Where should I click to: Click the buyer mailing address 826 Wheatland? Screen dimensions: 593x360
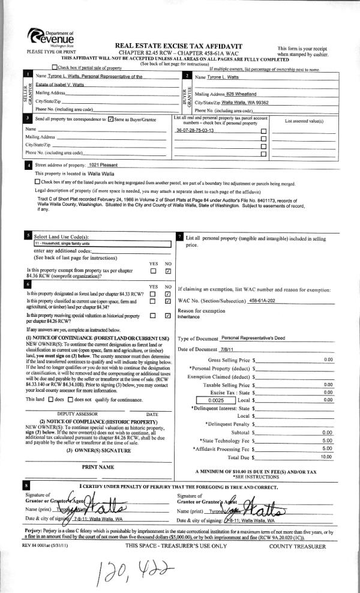pyautogui.click(x=242, y=95)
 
